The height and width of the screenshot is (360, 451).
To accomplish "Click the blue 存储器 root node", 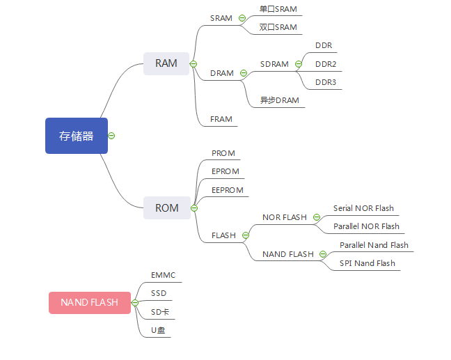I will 77,136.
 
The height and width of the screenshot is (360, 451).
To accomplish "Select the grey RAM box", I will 166,63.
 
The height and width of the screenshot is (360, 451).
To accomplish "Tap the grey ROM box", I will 166,208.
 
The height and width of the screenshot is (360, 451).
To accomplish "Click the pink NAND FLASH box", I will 89,302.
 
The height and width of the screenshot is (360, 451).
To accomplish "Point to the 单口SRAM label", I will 278,9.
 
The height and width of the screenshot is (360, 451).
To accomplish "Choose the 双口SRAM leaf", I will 278,27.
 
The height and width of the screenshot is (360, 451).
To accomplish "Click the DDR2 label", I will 326,64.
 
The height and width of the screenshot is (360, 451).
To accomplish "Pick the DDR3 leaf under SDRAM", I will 326,82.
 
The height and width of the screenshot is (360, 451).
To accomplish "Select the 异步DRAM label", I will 279,100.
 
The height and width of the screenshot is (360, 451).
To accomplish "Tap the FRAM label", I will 221,119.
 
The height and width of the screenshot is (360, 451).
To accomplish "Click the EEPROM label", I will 228,190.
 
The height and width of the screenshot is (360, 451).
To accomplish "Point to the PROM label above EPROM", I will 223,153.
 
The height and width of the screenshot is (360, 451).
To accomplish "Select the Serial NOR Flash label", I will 363,208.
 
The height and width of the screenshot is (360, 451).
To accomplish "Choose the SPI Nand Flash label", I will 367,263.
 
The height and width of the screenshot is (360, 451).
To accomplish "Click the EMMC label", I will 164,275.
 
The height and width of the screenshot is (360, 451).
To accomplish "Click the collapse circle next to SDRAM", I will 299,64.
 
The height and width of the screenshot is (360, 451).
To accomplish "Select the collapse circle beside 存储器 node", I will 111,136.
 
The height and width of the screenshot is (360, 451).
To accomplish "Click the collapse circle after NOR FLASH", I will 317,217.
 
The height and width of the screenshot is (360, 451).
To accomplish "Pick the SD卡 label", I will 160,312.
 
